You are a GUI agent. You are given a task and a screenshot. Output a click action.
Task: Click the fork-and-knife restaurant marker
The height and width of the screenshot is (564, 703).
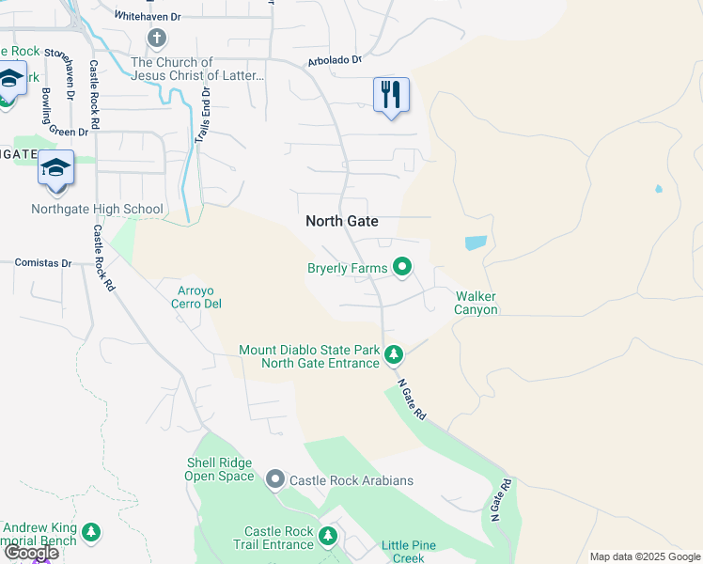[391, 95]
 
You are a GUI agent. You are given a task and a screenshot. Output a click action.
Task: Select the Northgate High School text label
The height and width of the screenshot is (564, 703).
[97, 210]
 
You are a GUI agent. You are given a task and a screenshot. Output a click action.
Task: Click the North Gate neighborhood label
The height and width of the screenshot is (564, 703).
[342, 221]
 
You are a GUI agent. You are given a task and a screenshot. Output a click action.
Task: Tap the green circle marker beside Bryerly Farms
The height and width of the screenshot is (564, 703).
[402, 268]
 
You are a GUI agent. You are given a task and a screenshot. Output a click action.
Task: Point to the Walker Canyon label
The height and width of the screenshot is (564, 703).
[476, 304]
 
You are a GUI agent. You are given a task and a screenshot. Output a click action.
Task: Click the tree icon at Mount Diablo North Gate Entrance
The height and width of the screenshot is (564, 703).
[395, 355]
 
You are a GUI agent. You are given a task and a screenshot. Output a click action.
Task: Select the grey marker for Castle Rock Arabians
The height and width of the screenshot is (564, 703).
[275, 480]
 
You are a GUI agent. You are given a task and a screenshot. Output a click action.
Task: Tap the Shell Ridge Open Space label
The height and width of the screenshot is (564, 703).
[221, 469]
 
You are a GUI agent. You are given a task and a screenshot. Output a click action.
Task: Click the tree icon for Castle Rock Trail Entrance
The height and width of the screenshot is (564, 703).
[328, 537]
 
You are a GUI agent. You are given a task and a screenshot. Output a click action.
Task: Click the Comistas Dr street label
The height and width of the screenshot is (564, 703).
[44, 263]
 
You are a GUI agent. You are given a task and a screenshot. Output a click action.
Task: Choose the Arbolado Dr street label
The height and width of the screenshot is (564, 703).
[335, 61]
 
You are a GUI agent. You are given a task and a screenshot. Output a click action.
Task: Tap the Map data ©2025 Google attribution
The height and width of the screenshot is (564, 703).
[644, 556]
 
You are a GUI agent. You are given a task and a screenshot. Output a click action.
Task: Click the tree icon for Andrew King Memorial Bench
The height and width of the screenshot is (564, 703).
[91, 533]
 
